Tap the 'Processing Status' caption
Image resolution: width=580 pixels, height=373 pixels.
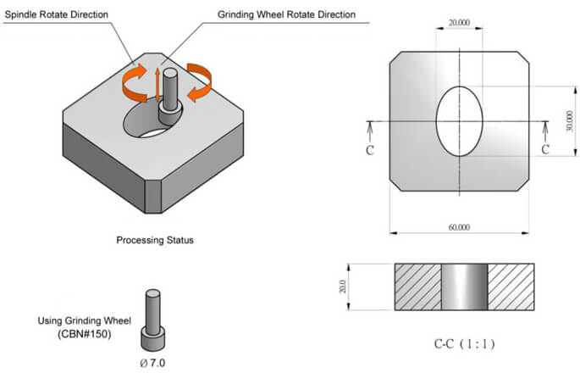[155, 240]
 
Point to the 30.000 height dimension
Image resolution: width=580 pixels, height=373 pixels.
[569, 121]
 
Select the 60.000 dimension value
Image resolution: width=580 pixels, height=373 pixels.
[461, 226]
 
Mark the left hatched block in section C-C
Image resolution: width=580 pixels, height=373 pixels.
[418, 287]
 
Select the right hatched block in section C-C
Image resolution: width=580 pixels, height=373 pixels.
[511, 287]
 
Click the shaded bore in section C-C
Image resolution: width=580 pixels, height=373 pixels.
[464, 287]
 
